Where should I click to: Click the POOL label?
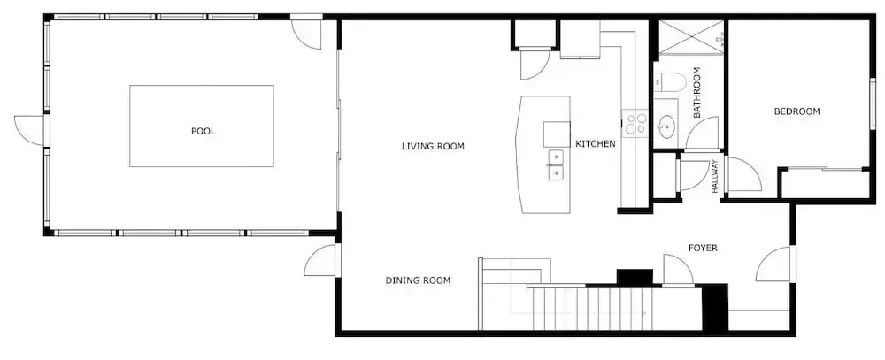[204, 132]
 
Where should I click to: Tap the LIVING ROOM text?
[433, 147]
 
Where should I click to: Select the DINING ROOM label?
[419, 280]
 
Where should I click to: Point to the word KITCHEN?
[596, 144]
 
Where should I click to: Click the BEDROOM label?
[797, 111]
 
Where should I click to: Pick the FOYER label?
[703, 248]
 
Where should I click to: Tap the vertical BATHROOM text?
[696, 93]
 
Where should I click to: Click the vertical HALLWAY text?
[714, 176]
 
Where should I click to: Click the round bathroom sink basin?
[666, 125]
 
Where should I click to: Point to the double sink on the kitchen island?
[556, 165]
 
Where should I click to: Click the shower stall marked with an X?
[691, 37]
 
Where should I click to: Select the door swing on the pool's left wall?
[29, 130]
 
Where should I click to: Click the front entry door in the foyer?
[776, 264]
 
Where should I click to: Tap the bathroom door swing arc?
[702, 134]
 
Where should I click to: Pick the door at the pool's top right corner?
[307, 34]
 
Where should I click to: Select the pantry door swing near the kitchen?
[535, 65]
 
